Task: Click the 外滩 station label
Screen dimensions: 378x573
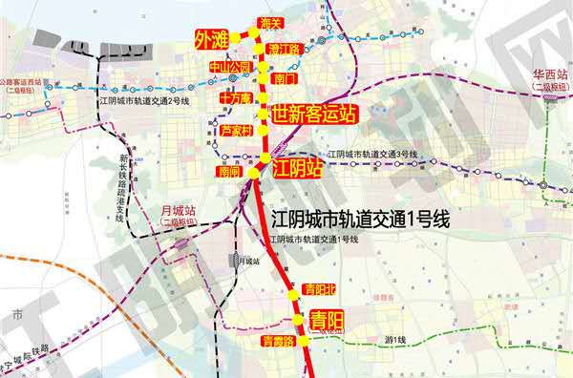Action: (212, 41)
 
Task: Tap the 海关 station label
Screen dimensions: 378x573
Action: (271, 21)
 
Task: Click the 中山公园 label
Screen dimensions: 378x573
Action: (229, 67)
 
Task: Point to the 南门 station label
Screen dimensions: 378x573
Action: (285, 78)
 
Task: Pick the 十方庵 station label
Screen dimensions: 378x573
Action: (234, 97)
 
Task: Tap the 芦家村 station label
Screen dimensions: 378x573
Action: (235, 129)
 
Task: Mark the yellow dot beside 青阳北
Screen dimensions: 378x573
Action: (295, 299)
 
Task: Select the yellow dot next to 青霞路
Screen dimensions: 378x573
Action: (304, 340)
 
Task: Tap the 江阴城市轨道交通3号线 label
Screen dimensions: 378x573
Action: (372, 154)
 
